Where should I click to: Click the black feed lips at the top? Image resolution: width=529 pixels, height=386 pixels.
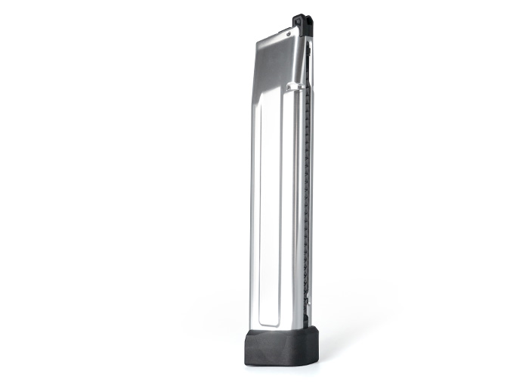click(x=301, y=22)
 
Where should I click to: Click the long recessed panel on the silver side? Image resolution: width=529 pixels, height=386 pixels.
click(x=270, y=212)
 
